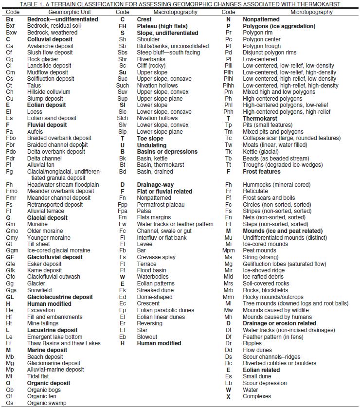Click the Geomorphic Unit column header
(60, 11)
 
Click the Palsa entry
(144, 211)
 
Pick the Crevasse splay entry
(156, 257)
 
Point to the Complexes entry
(257, 396)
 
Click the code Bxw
(11, 33)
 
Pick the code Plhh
(228, 86)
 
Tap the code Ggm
(12, 250)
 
